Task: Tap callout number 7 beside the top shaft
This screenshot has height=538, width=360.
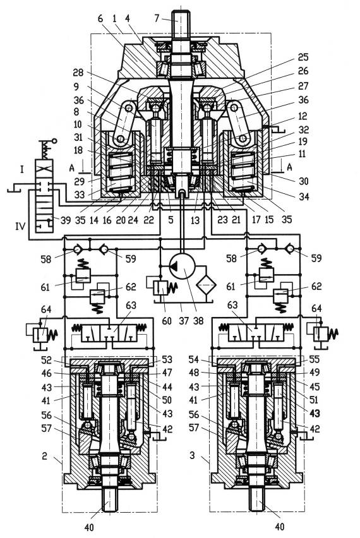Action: tap(157, 18)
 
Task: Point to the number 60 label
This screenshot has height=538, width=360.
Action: tap(167, 321)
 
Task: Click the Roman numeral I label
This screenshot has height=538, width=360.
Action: tap(21, 169)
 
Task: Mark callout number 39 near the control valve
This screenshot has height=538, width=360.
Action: tap(65, 220)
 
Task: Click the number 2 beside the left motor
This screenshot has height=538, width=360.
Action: tap(45, 456)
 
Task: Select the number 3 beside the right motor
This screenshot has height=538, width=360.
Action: tap(192, 455)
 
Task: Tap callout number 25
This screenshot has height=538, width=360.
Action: tap(303, 57)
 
